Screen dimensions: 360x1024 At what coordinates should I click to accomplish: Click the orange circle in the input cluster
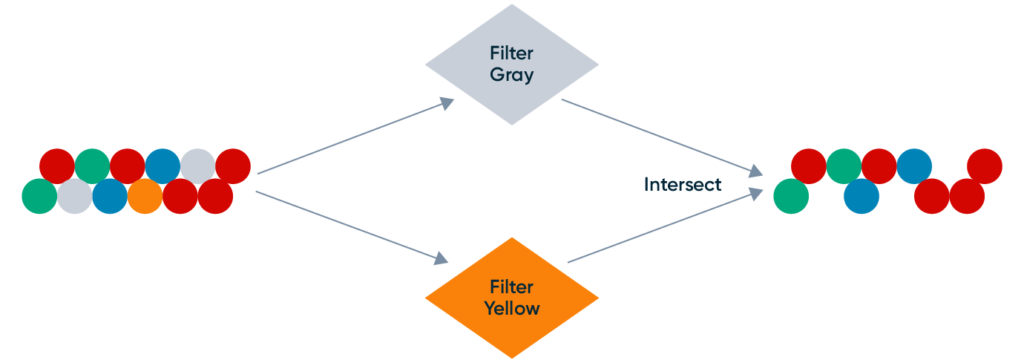[145, 197]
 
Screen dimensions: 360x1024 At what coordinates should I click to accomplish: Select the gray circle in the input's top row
[197, 166]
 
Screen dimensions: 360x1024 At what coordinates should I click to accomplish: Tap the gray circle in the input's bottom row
[75, 197]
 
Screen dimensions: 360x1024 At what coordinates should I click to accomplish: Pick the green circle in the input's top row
[92, 166]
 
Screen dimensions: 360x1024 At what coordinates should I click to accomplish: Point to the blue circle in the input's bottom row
[110, 197]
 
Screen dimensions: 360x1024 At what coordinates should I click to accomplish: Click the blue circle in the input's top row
[163, 166]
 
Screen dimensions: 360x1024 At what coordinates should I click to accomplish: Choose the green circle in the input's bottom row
[39, 197]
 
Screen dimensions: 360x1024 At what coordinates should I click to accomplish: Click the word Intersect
[682, 184]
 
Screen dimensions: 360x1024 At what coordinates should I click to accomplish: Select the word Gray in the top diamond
[511, 75]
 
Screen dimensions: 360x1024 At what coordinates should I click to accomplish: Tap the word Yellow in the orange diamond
[511, 308]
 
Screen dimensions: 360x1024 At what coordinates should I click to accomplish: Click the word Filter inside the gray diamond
[511, 53]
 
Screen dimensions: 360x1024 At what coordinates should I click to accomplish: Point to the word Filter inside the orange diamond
[511, 287]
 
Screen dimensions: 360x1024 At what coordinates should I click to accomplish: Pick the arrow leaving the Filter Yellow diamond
[665, 226]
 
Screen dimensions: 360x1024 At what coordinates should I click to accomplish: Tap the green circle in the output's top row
[844, 166]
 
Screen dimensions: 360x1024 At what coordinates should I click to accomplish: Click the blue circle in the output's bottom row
[861, 197]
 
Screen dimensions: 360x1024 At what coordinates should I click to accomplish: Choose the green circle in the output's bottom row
[791, 197]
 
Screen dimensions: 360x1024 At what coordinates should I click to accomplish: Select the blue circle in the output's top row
[914, 166]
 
